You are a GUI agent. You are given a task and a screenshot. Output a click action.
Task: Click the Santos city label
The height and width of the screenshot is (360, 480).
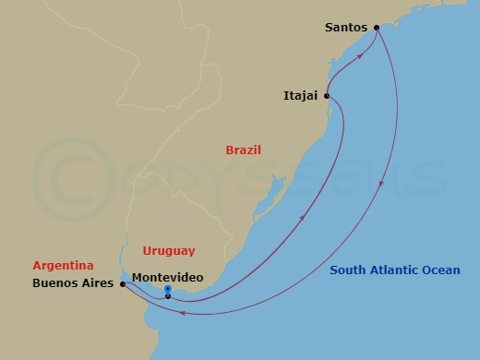tap(346, 28)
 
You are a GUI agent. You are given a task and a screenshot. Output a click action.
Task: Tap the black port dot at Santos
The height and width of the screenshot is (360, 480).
tap(377, 28)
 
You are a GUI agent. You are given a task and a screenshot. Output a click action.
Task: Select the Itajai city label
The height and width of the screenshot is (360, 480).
tap(301, 94)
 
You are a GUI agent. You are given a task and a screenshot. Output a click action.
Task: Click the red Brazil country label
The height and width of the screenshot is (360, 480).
tap(244, 150)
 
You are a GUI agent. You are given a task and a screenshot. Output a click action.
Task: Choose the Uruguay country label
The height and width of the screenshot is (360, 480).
tap(169, 250)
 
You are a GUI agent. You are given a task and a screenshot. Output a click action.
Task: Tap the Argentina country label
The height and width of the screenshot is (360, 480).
tap(63, 265)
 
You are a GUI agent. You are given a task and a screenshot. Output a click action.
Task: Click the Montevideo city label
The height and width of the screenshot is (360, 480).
tap(168, 276)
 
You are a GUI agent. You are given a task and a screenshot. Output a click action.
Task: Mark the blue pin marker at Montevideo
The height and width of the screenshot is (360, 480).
tap(168, 290)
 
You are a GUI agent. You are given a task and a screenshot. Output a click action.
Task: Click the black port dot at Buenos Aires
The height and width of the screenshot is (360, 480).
tap(123, 284)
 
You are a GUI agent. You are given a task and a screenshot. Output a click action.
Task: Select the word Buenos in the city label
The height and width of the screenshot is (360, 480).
tap(53, 285)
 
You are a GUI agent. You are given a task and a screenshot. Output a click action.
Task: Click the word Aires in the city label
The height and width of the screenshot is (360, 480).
tap(99, 285)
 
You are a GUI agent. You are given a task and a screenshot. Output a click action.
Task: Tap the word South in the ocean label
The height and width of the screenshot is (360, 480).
tap(350, 270)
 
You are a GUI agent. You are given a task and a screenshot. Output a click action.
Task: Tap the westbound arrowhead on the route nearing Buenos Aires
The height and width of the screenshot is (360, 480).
tap(183, 313)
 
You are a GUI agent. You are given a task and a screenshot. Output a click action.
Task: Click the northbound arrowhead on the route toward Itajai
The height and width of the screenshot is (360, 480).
tap(303, 218)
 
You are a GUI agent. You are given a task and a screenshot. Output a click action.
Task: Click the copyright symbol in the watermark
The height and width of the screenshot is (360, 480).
tap(66, 176)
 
